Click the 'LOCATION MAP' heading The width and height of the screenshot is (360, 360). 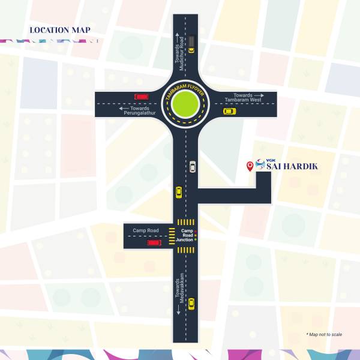tap(60, 29)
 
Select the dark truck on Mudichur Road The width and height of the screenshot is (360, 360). tap(191, 41)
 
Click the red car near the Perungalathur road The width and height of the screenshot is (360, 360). tap(142, 96)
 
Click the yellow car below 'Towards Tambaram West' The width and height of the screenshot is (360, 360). tap(229, 111)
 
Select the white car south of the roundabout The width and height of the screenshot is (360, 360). tap(193, 166)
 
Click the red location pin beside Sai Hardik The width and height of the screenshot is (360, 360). tap(250, 166)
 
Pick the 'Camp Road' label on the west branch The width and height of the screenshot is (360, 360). tap(146, 230)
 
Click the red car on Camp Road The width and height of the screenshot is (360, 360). tap(154, 242)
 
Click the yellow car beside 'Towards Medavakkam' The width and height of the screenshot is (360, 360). tap(191, 304)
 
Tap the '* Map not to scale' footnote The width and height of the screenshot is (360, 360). tap(324, 334)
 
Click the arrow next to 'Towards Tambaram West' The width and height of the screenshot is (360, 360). tap(259, 95)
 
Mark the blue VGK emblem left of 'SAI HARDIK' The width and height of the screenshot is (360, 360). tap(260, 166)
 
